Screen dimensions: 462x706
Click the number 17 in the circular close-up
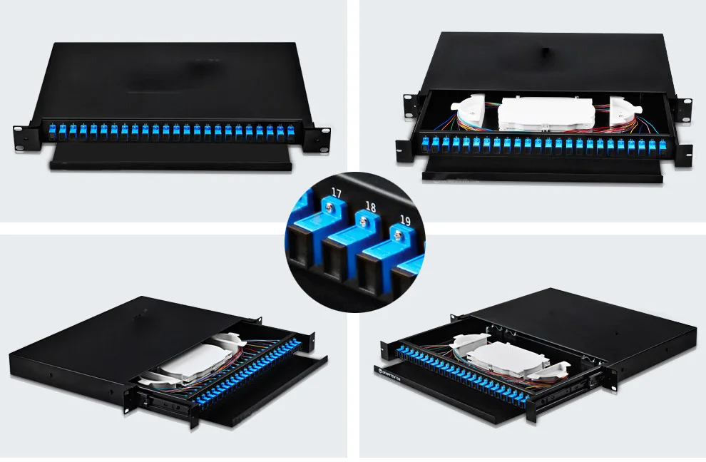[337, 192]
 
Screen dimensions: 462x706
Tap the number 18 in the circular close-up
[370, 207]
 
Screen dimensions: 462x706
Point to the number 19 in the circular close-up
[405, 220]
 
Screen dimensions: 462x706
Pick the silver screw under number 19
[398, 236]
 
